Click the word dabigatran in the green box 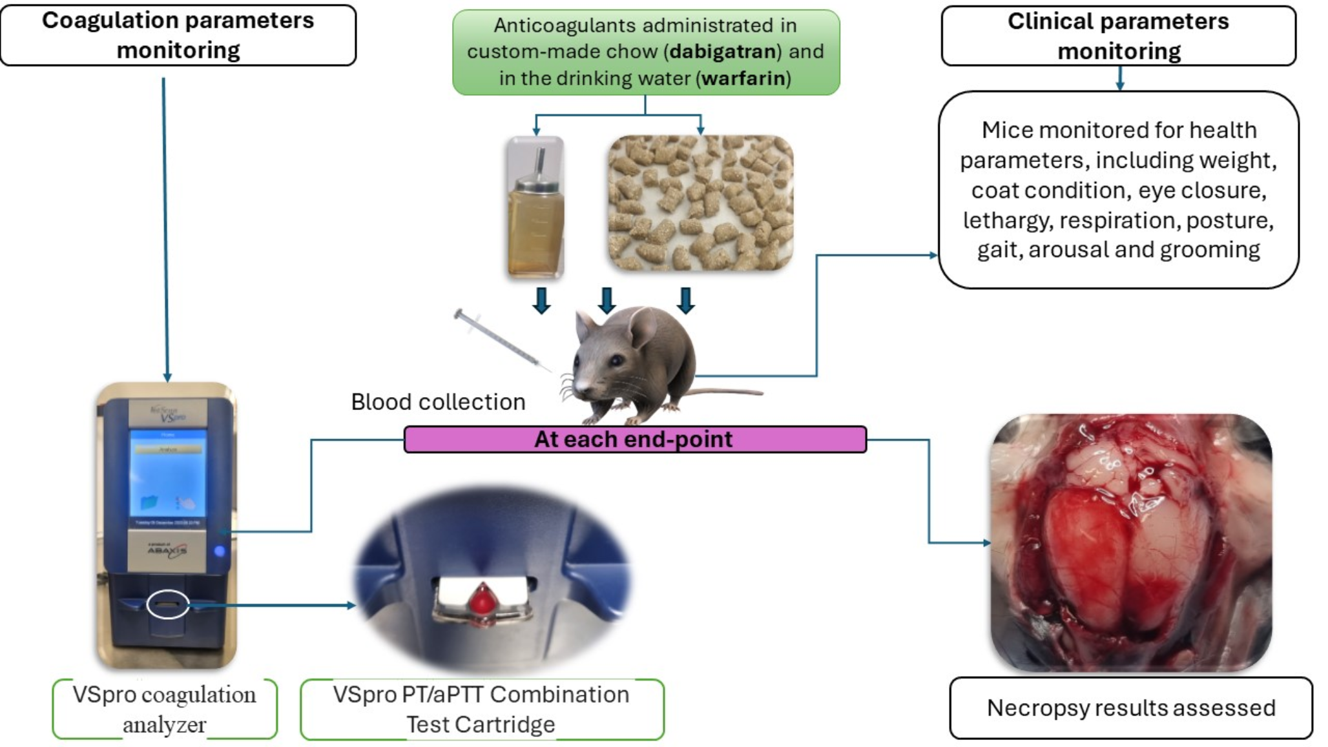click(723, 52)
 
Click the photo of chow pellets click(701, 203)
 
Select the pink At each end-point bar click(634, 439)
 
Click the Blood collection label click(438, 402)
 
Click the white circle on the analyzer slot click(168, 604)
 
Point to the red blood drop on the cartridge click(482, 599)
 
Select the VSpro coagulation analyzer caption click(165, 709)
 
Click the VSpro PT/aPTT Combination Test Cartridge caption click(481, 709)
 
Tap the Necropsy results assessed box click(1131, 708)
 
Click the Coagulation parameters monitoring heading click(178, 35)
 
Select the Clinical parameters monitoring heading click(1119, 36)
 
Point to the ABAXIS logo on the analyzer click(167, 550)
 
